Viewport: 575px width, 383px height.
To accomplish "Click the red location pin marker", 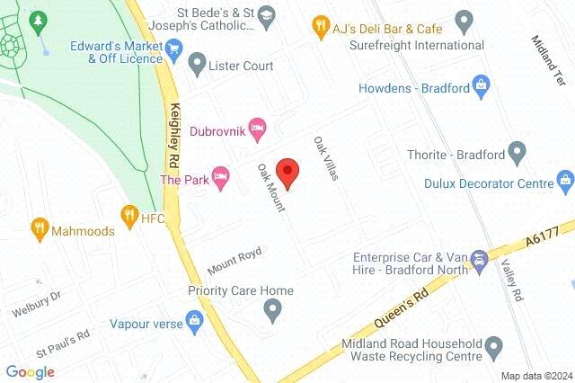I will pyautogui.click(x=287, y=172).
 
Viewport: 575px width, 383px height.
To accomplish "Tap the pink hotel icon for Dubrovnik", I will pyautogui.click(x=256, y=127).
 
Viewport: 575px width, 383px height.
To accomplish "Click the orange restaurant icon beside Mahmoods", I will pyautogui.click(x=39, y=228).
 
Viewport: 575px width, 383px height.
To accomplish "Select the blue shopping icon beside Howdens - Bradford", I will pyautogui.click(x=482, y=88).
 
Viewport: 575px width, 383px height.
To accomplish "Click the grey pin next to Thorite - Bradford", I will pyautogui.click(x=517, y=153).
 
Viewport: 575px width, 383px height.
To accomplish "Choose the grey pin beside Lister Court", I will pyautogui.click(x=198, y=64).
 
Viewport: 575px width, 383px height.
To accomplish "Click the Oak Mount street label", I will pyautogui.click(x=270, y=187).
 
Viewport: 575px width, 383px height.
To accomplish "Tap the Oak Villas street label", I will pyautogui.click(x=325, y=158).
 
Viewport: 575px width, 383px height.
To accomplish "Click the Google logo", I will pyautogui.click(x=31, y=371).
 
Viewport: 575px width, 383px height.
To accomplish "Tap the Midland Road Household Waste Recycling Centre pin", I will pyautogui.click(x=491, y=346).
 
